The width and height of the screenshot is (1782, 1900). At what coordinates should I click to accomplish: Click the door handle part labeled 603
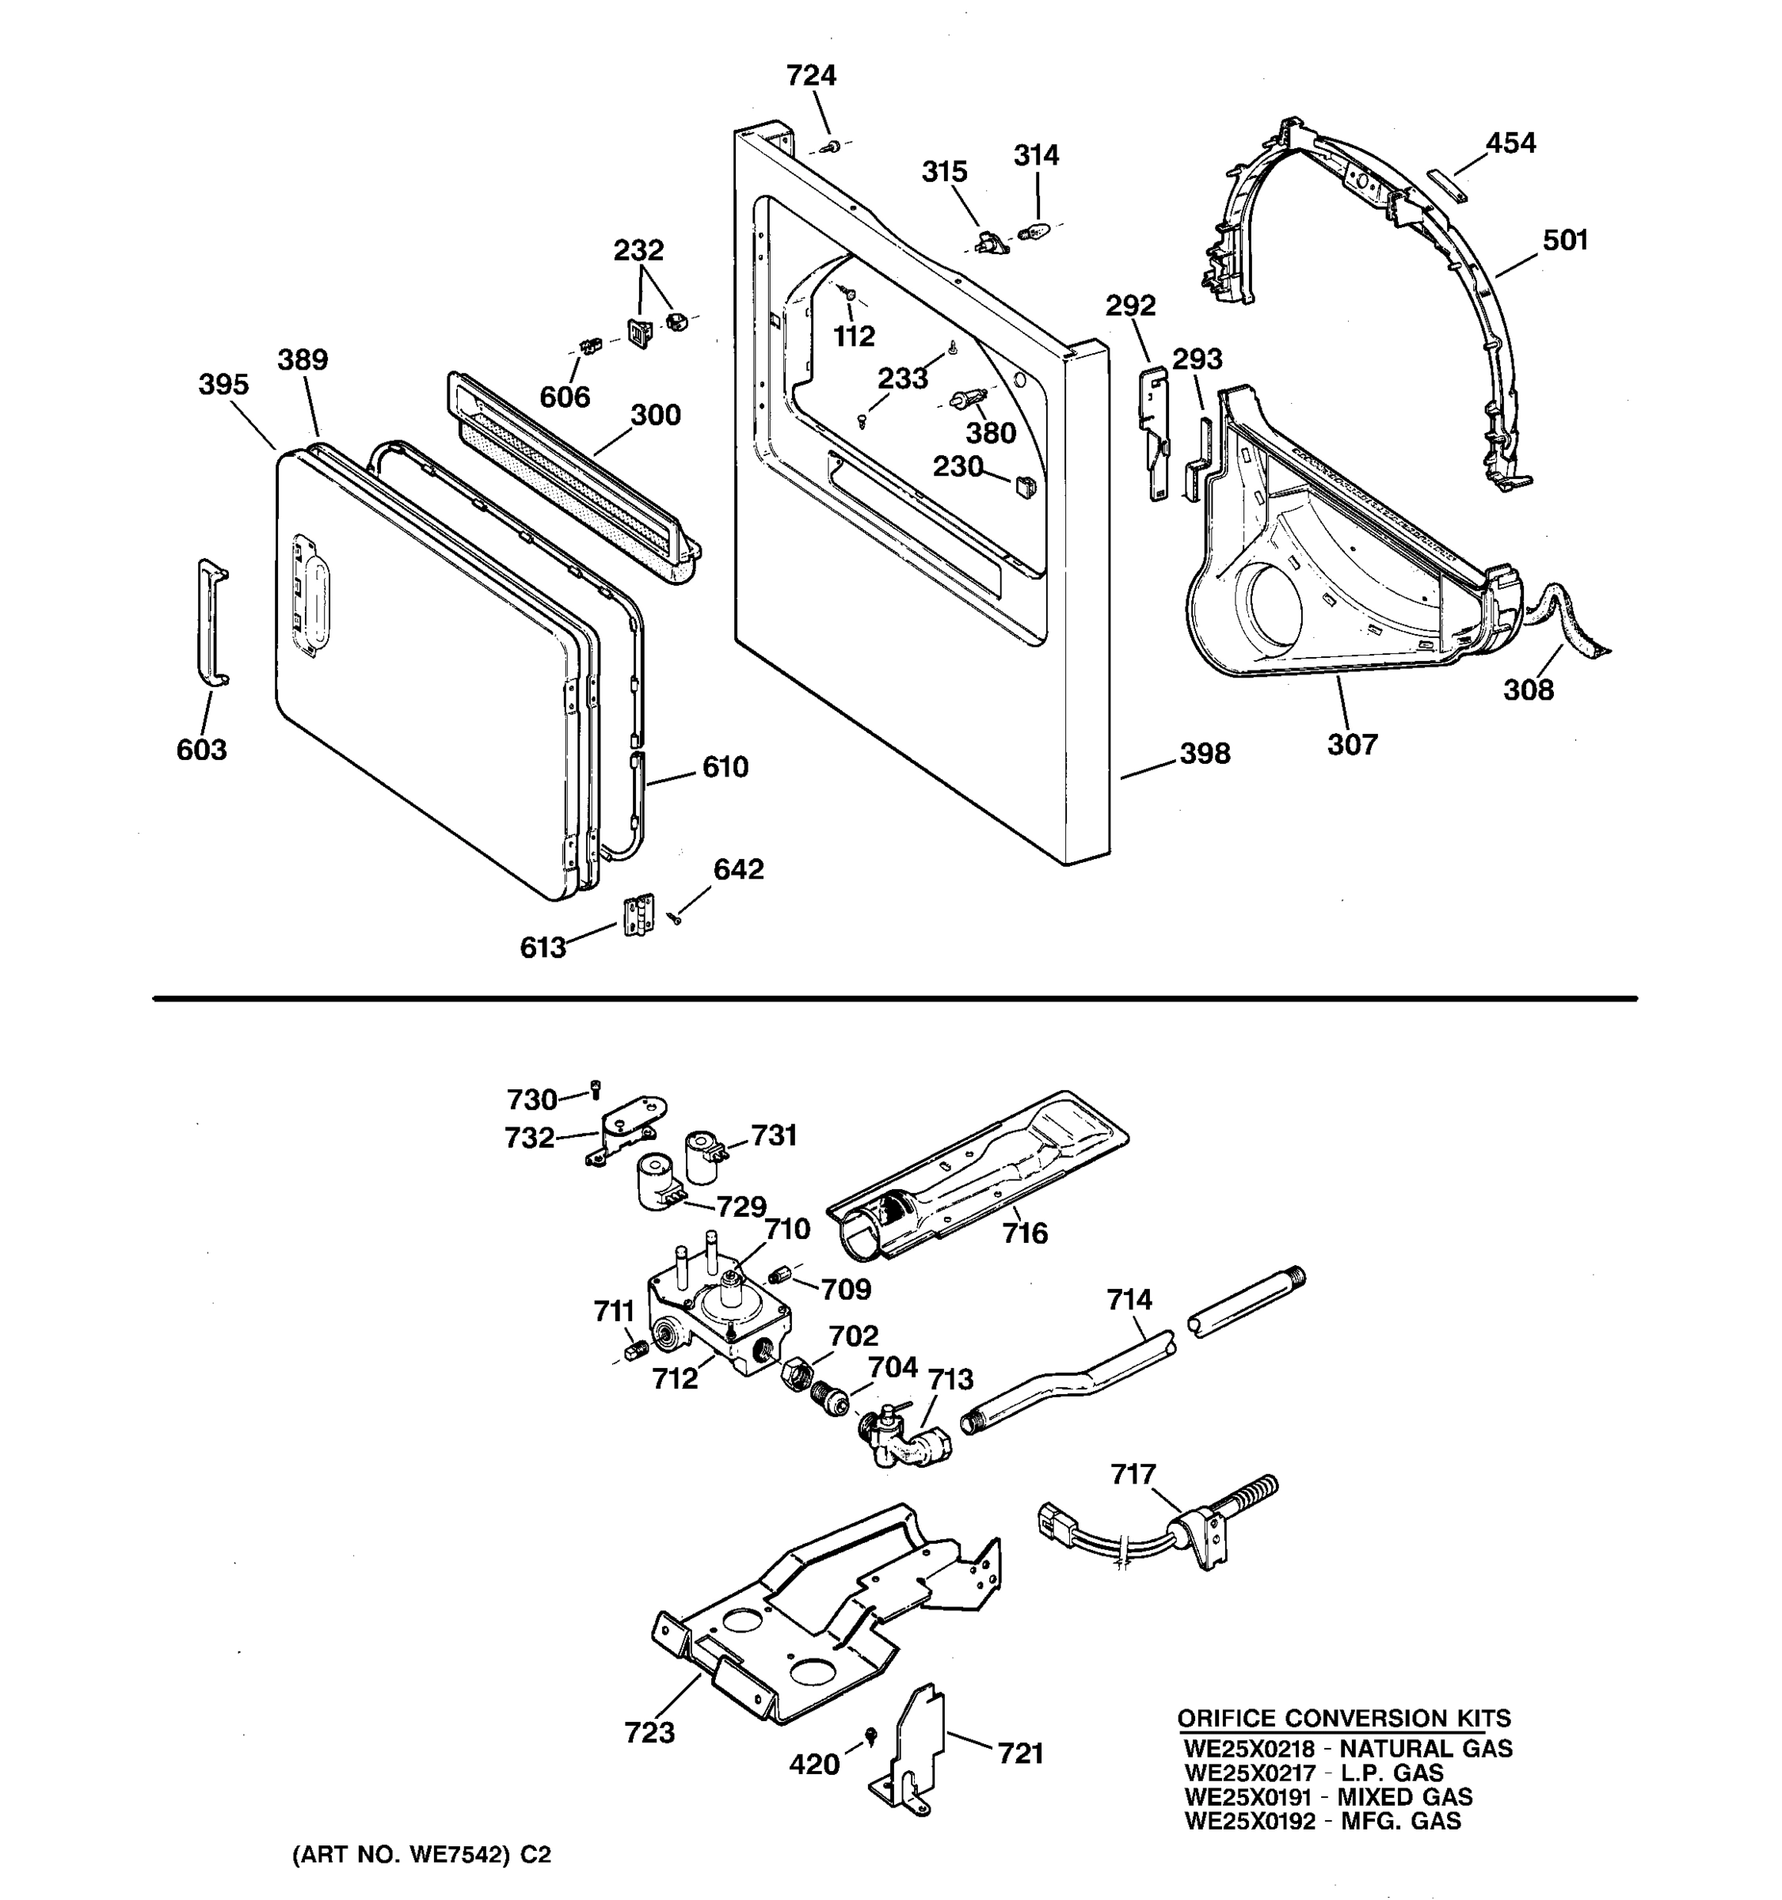click(x=211, y=623)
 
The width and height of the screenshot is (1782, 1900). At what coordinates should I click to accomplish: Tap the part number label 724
click(x=811, y=75)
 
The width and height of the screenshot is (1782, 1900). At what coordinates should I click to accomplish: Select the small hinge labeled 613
click(x=638, y=914)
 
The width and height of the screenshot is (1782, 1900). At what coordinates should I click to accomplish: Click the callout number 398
click(x=1205, y=754)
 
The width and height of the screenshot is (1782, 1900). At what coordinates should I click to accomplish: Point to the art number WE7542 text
click(x=458, y=1855)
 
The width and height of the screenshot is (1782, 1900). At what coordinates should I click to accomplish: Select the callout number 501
click(x=1565, y=240)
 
